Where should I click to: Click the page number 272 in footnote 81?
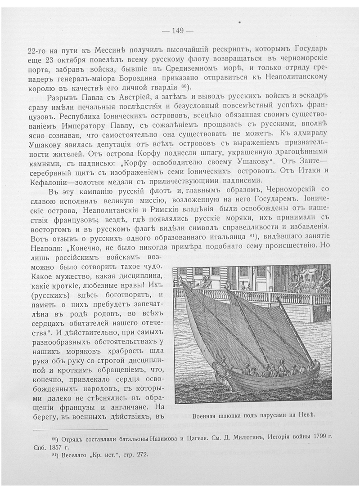pyautogui.click(x=139, y=455)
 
